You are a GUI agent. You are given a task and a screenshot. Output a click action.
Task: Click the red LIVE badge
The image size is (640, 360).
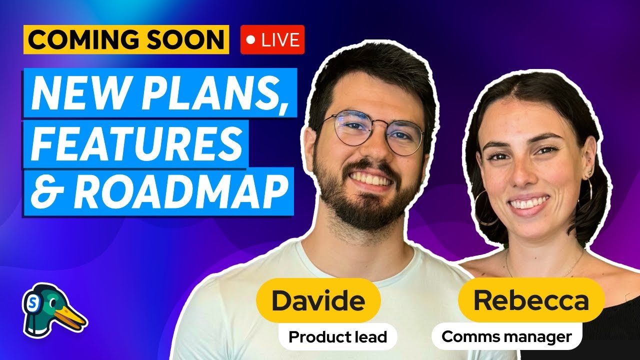tap(272, 40)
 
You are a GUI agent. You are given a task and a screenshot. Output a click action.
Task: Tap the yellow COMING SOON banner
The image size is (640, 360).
tap(126, 40)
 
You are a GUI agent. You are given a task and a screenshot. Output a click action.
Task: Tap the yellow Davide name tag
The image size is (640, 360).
tap(318, 300)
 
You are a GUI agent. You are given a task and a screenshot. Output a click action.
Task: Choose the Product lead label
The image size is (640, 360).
tap(338, 337)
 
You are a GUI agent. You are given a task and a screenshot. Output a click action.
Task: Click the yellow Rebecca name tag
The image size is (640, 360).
tap(531, 300)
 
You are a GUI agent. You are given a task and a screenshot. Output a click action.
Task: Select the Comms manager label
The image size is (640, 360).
tap(506, 337)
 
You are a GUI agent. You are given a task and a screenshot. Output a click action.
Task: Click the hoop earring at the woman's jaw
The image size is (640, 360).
tap(484, 207)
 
